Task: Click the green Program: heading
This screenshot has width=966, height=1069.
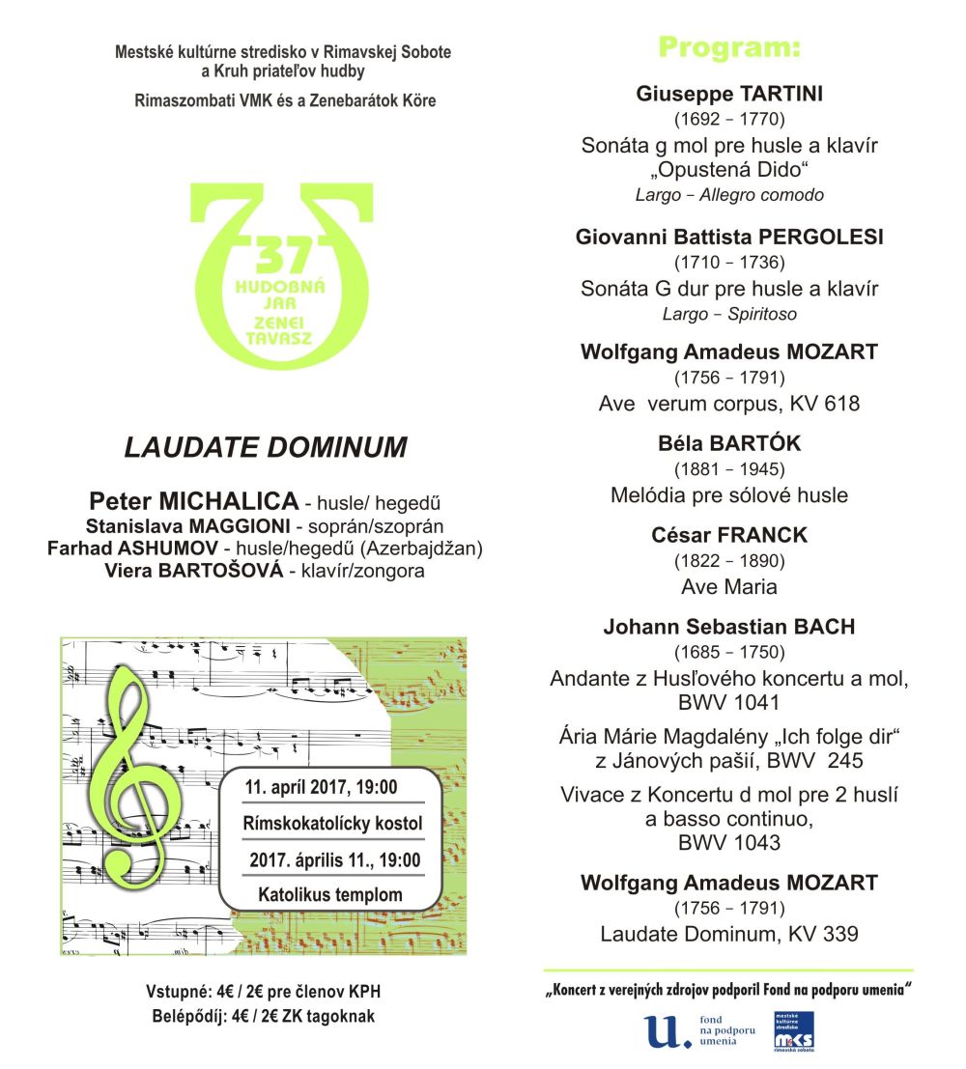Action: pos(729,47)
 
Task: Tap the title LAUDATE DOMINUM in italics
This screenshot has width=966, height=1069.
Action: pos(266,447)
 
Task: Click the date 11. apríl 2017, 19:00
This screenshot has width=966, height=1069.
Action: pos(321,787)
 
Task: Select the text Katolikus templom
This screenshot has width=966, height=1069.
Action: pos(329,894)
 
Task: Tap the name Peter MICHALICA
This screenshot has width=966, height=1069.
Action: pos(193,500)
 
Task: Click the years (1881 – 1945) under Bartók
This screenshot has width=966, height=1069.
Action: pos(728,469)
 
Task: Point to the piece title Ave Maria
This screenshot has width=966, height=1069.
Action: pos(728,586)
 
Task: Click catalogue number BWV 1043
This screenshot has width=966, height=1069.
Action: pos(728,843)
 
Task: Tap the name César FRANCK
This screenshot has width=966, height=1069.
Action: pos(728,535)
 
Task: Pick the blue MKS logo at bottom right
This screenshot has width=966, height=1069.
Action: pos(793,1030)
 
